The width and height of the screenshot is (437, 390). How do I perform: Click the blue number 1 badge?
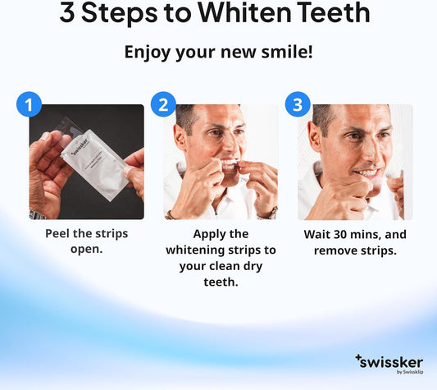click(29, 104)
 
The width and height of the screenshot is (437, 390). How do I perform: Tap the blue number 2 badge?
click(163, 104)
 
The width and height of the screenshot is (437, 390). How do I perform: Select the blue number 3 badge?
click(297, 104)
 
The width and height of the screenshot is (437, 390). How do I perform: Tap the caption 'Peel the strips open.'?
click(86, 241)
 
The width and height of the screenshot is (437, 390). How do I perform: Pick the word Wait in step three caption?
click(319, 234)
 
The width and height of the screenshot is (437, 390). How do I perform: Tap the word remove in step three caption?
click(334, 250)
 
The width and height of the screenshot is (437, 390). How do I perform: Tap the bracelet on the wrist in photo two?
click(171, 214)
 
